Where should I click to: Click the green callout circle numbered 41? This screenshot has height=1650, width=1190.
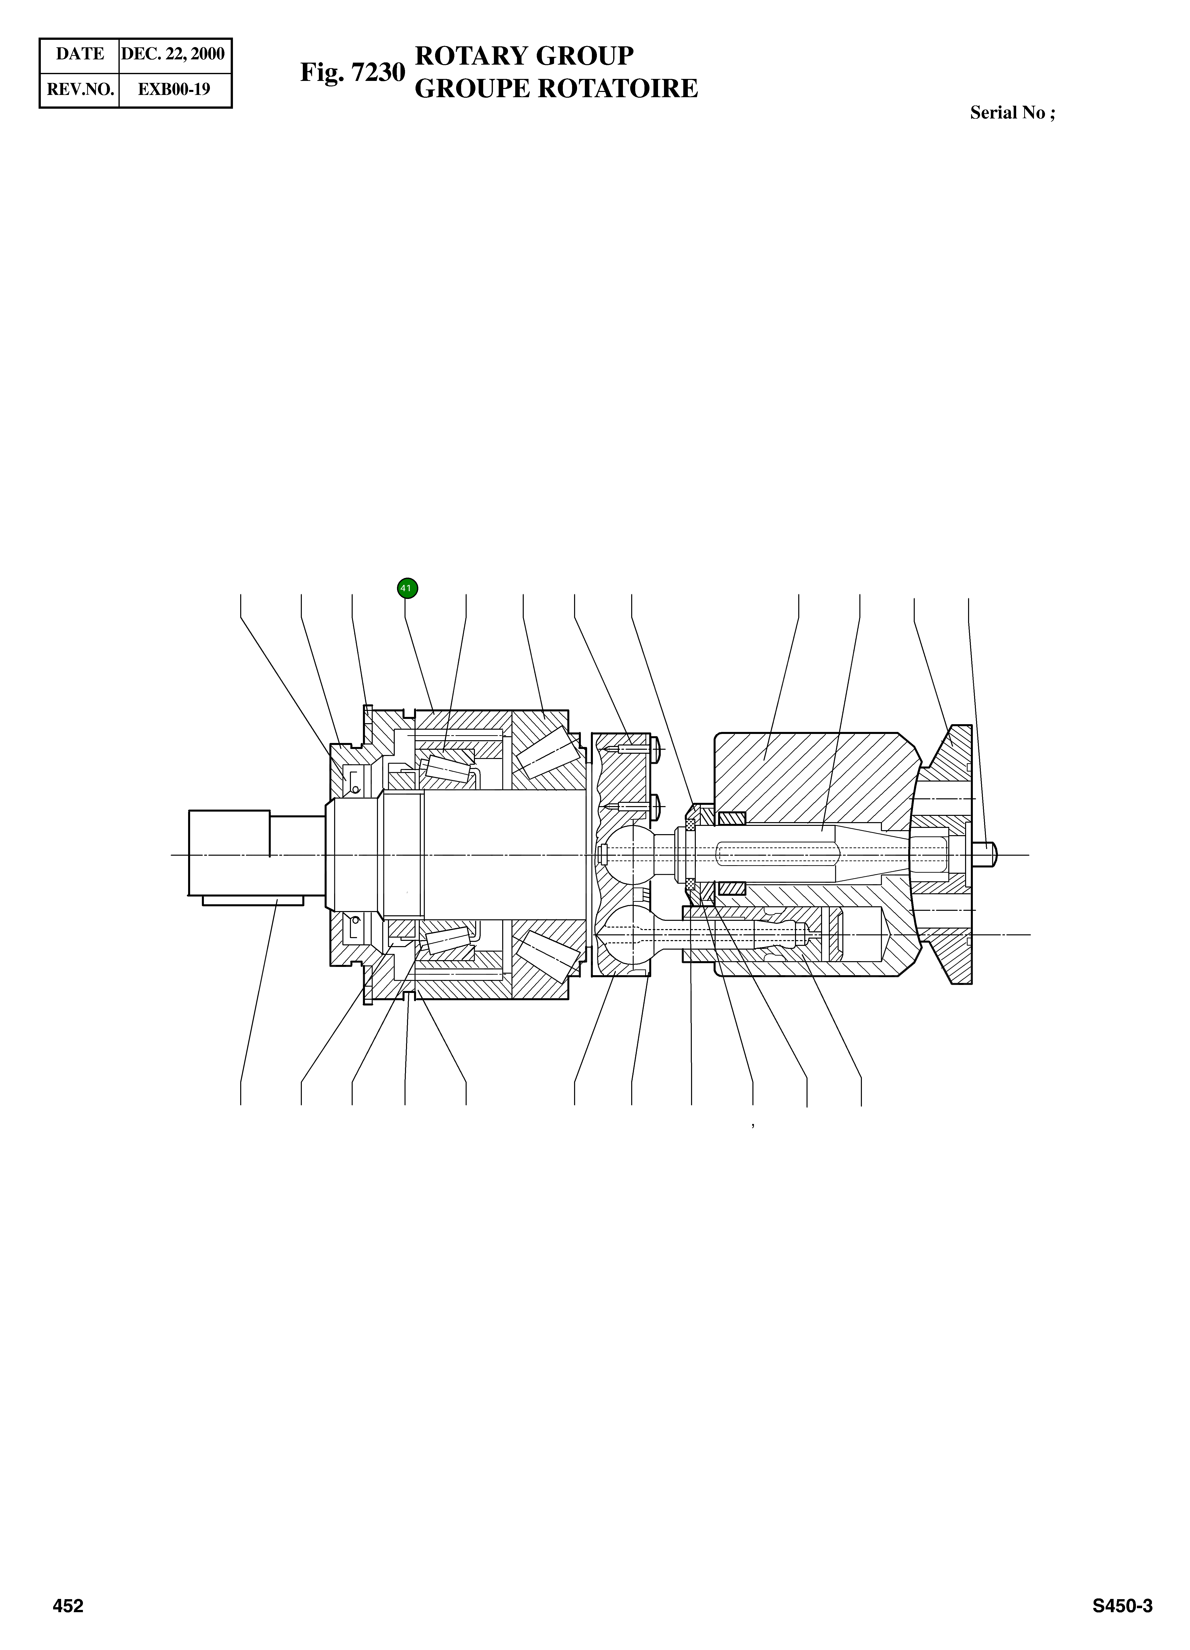[407, 588]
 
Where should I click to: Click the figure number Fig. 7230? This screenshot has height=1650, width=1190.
[352, 73]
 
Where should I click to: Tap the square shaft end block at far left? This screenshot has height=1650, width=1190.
[228, 853]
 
